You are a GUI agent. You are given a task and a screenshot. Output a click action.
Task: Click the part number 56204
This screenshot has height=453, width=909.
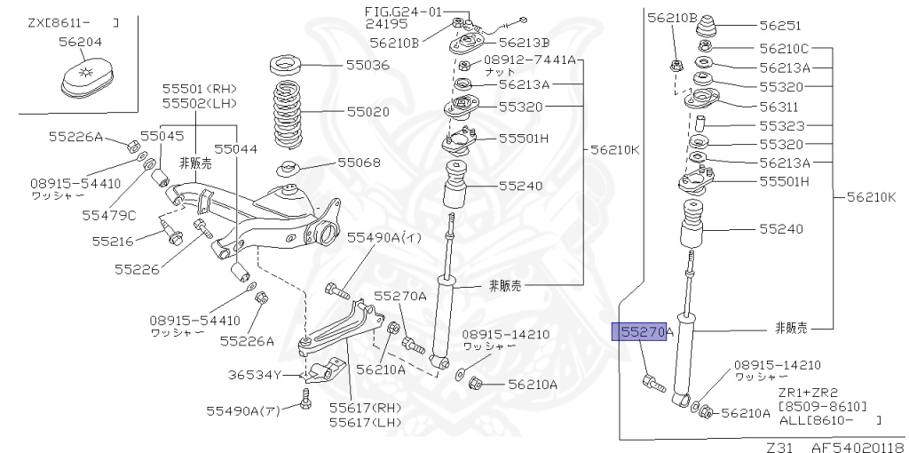tap(81, 41)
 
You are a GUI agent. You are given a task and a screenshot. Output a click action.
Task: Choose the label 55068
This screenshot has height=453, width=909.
tap(359, 163)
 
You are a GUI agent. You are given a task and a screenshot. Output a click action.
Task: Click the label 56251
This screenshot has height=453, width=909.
tap(780, 26)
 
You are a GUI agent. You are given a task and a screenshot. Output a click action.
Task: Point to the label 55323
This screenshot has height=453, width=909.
tap(780, 125)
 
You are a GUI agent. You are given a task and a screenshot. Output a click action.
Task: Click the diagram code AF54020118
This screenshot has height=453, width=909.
tap(855, 446)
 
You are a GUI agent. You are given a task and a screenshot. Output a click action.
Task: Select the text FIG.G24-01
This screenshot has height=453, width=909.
tap(403, 12)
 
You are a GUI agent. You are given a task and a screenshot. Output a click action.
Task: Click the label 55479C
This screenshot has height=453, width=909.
tap(109, 215)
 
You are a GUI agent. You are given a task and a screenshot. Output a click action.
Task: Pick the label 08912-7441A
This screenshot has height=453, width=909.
tap(530, 60)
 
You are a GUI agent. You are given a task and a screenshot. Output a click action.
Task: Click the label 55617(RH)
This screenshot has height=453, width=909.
tap(366, 408)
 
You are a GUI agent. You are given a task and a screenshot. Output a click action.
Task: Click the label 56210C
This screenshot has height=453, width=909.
tap(785, 48)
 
